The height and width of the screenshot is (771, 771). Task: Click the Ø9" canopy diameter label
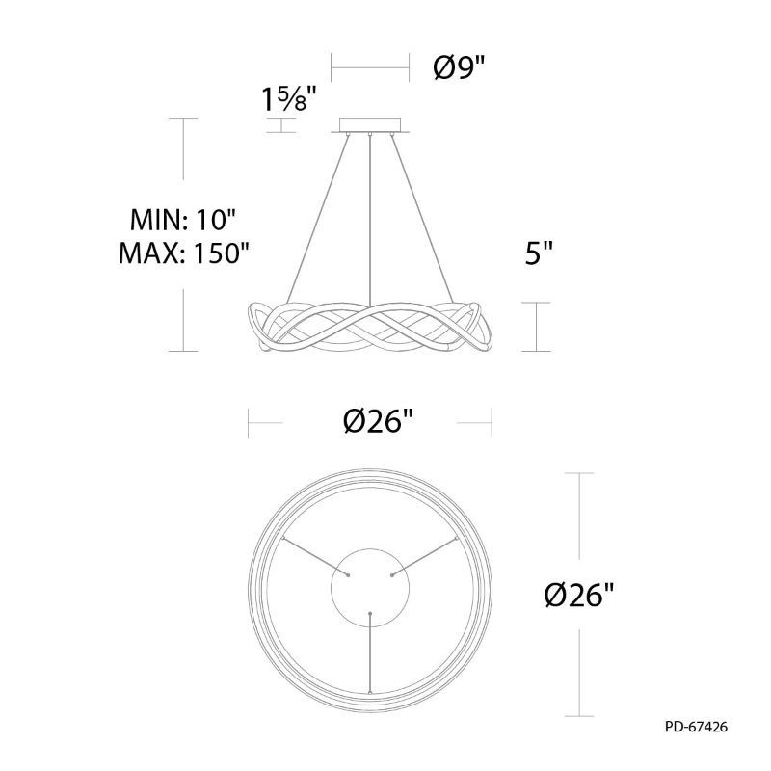[459, 67]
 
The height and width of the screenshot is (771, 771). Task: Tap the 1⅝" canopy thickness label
[287, 99]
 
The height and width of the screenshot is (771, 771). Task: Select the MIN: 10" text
[183, 220]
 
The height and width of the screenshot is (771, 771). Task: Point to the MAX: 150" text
[184, 253]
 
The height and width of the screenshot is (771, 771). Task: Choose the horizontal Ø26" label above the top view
[378, 422]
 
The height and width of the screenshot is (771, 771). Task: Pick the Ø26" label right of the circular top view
[579, 595]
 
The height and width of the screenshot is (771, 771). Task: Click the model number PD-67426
[696, 727]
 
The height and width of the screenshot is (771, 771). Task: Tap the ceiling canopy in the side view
[370, 125]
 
